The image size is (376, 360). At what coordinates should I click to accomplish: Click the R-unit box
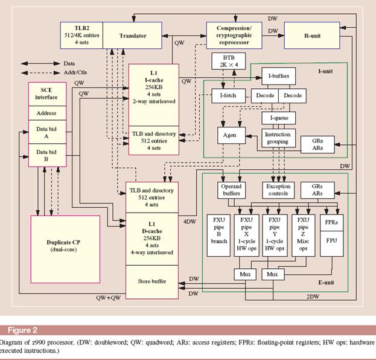(x=312, y=36)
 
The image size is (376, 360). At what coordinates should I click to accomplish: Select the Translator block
(x=132, y=36)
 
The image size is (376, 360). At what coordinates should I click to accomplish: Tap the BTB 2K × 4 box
(x=229, y=61)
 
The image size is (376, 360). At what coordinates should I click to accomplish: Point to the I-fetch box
(x=229, y=95)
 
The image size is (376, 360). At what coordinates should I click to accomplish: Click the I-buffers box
(x=278, y=76)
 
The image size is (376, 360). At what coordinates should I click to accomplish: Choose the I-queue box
(x=278, y=118)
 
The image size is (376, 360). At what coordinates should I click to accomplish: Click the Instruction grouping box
(x=278, y=138)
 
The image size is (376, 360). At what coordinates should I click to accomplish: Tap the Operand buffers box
(x=231, y=190)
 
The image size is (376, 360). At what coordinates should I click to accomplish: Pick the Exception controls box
(x=278, y=190)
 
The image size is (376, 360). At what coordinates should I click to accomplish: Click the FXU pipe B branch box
(x=218, y=235)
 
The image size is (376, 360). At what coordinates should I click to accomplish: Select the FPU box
(x=331, y=243)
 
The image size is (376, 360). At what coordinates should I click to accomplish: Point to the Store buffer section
(x=152, y=282)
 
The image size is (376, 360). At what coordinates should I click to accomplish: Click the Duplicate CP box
(x=65, y=249)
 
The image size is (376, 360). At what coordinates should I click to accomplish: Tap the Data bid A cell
(x=47, y=132)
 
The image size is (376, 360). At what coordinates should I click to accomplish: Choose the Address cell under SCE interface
(x=47, y=113)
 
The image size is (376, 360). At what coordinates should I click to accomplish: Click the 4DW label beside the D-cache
(x=190, y=222)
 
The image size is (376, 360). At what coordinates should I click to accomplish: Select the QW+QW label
(x=109, y=298)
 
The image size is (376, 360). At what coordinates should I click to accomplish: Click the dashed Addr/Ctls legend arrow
(x=40, y=72)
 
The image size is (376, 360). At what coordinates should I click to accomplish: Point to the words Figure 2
(x=22, y=330)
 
